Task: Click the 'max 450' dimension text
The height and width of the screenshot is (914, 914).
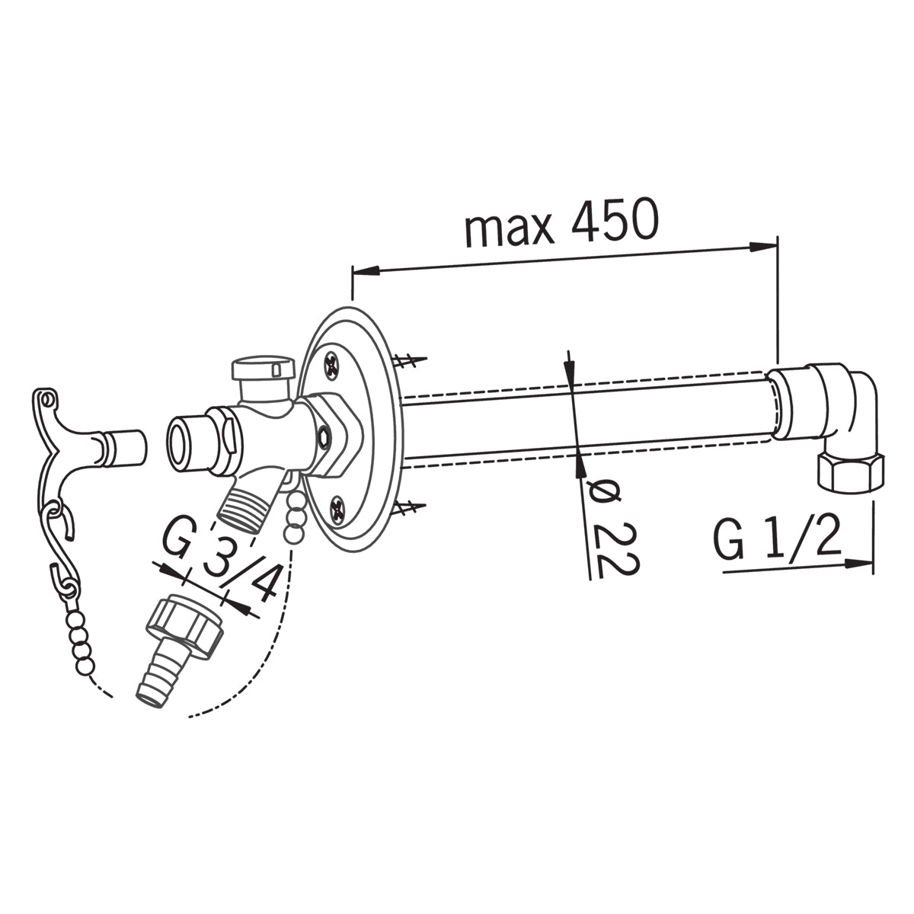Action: tap(562, 222)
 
